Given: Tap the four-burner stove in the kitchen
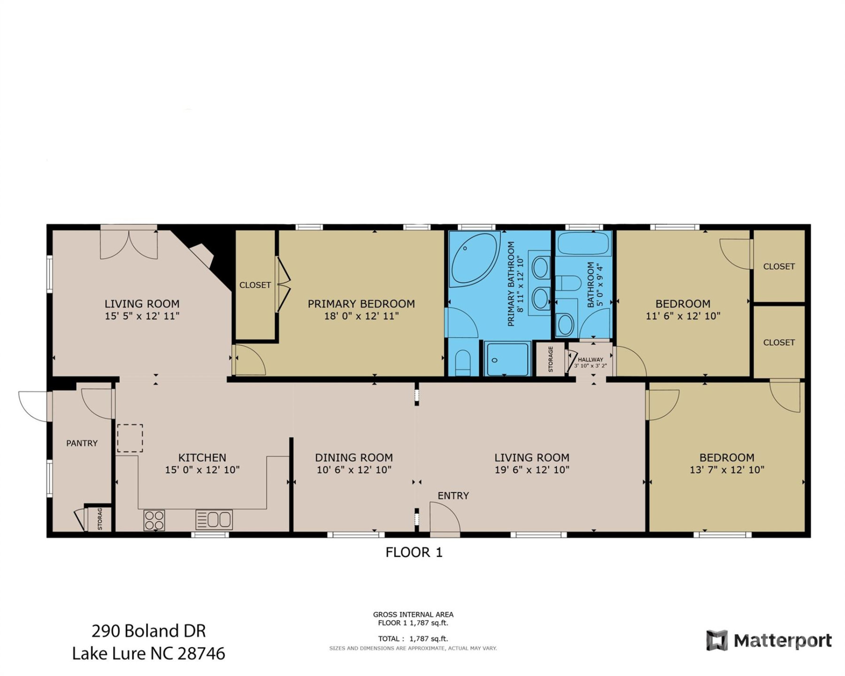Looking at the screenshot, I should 154,520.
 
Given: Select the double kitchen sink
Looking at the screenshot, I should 214,520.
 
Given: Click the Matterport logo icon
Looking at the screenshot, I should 717,640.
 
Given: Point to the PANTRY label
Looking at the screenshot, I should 82,443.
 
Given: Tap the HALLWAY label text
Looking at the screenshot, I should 590,360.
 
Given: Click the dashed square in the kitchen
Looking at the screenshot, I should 130,438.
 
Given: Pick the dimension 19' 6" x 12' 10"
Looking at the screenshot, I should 532,470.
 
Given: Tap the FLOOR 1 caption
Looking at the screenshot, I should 414,553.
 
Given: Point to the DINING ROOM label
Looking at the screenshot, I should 353,458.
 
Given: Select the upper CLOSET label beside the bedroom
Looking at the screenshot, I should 779,267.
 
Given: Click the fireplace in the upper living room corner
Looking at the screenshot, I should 203,255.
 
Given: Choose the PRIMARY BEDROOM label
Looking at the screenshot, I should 361,304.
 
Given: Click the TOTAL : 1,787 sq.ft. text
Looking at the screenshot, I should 413,639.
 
